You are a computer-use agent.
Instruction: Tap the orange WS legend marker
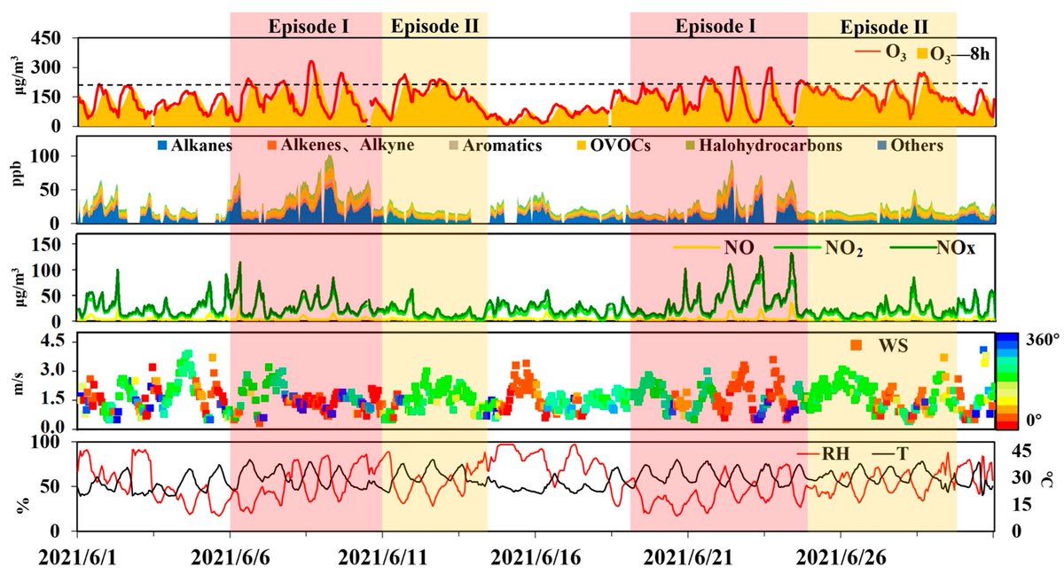pyautogui.click(x=857, y=344)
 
